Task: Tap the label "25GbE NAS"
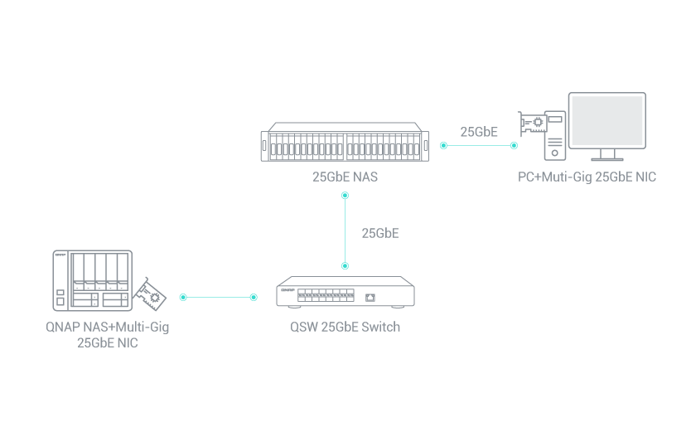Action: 345,177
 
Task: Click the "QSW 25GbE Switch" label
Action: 345,327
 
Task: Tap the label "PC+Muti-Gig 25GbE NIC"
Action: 587,177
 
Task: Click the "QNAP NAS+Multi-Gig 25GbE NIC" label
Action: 108,334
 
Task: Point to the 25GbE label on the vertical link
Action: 380,233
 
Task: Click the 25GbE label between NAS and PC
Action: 479,132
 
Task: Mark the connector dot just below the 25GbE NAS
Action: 345,196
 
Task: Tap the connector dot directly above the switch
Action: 345,265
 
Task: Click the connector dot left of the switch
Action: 254,296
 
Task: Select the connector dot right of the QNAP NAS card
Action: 183,296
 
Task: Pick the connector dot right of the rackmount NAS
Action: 443,145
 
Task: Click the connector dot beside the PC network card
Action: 514,145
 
